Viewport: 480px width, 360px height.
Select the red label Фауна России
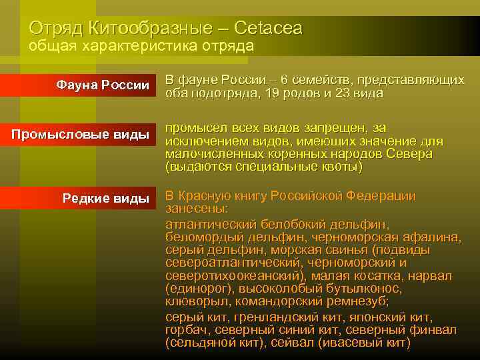(x=103, y=85)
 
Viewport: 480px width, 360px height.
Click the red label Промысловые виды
(x=80, y=135)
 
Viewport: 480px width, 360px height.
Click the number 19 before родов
(x=253, y=93)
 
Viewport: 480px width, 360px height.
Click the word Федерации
(x=383, y=196)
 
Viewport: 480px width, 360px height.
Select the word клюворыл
(x=193, y=301)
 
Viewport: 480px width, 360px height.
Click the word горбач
(x=185, y=330)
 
